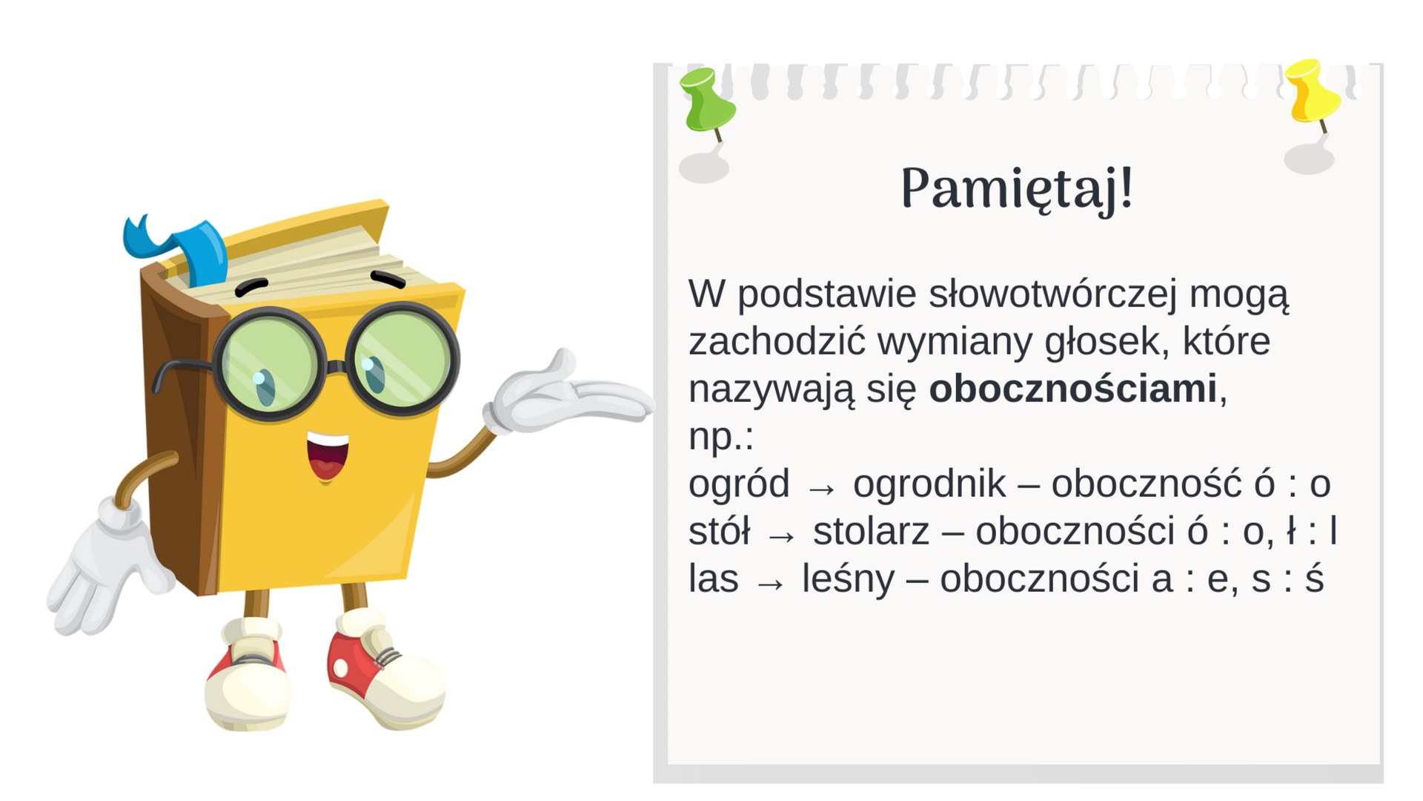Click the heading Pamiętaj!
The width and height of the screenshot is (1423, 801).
click(x=1017, y=188)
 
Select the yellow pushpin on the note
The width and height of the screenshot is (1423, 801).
click(x=1312, y=93)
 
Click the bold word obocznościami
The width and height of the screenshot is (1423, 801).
click(x=1072, y=389)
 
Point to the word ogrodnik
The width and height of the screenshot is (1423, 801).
click(x=929, y=484)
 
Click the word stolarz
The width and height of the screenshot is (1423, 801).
click(x=870, y=532)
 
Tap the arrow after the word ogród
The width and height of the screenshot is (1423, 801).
click(x=821, y=489)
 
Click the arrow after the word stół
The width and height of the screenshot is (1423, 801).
click(x=781, y=536)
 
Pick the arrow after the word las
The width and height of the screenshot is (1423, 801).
click(x=770, y=584)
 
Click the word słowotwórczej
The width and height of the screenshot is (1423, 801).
click(x=1052, y=294)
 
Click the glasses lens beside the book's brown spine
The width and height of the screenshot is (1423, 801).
click(x=269, y=363)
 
